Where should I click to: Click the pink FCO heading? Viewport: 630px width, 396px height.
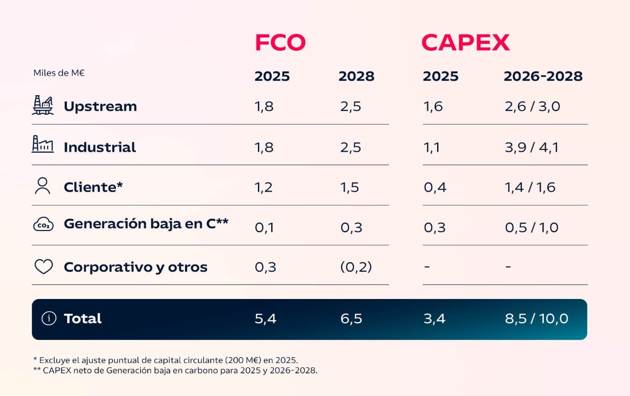(x=280, y=43)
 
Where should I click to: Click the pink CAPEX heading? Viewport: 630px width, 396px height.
(x=465, y=43)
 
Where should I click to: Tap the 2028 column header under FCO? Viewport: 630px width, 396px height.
(x=356, y=76)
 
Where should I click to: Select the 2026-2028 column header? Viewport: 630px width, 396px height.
(x=543, y=76)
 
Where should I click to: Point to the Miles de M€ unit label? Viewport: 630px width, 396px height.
(x=59, y=73)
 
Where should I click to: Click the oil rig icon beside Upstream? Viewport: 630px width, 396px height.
(x=43, y=105)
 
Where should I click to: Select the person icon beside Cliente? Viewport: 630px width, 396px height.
(x=43, y=186)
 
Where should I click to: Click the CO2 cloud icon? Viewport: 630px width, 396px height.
(x=43, y=225)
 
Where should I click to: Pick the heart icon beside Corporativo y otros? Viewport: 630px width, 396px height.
(x=43, y=266)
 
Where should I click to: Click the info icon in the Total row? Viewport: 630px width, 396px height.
(x=49, y=319)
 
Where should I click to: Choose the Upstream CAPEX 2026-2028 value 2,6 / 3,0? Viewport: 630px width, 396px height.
(x=532, y=106)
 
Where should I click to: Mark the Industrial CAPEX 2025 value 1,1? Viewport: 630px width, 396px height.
(x=431, y=147)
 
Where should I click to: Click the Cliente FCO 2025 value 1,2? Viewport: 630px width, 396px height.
(x=264, y=188)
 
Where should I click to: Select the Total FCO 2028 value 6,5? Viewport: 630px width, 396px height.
(x=351, y=319)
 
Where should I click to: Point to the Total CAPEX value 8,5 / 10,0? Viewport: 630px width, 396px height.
(x=536, y=319)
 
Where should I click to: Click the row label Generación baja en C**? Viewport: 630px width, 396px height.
(x=146, y=224)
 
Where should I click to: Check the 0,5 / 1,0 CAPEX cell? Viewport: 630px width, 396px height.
(x=532, y=228)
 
